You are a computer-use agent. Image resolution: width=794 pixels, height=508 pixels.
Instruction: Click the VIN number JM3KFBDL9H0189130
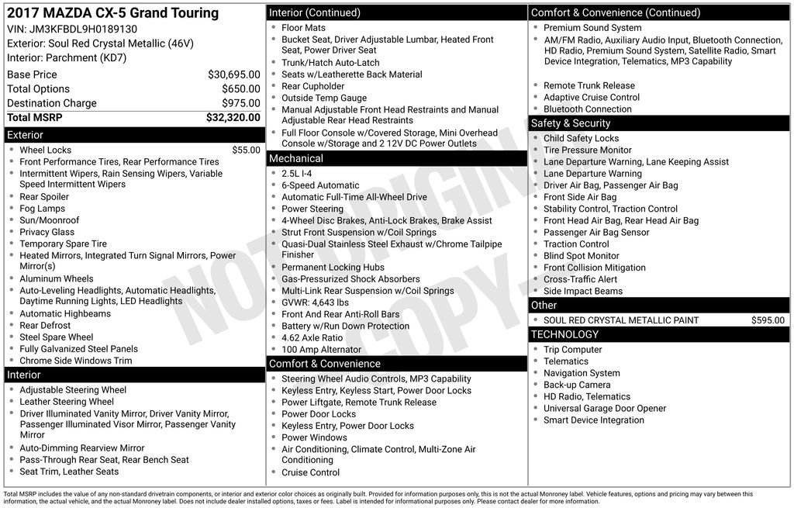pyautogui.click(x=94, y=29)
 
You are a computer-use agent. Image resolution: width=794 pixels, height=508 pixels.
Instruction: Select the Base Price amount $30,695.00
pyautogui.click(x=233, y=74)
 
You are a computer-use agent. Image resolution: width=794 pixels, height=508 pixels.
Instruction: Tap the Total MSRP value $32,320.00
pyautogui.click(x=233, y=118)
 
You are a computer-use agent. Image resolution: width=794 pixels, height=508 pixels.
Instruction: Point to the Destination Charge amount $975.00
pyautogui.click(x=241, y=103)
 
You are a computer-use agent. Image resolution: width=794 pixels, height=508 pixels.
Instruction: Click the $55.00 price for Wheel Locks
pyautogui.click(x=246, y=150)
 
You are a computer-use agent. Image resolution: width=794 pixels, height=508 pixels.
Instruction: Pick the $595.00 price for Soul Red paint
pyautogui.click(x=768, y=320)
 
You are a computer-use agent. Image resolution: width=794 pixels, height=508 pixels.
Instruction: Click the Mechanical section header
pyautogui.click(x=295, y=158)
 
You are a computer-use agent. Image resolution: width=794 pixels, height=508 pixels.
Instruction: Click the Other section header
pyautogui.click(x=544, y=306)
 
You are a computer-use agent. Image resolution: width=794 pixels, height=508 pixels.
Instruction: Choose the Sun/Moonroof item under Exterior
pyautogui.click(x=49, y=220)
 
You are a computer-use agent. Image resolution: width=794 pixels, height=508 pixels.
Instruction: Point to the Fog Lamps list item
pyautogui.click(x=42, y=209)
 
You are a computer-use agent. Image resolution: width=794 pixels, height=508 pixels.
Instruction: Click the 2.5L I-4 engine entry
pyautogui.click(x=296, y=174)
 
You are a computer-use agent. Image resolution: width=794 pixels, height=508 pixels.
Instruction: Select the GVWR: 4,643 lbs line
pyautogui.click(x=315, y=302)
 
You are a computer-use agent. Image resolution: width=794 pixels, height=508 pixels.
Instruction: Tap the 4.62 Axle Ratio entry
pyautogui.click(x=312, y=338)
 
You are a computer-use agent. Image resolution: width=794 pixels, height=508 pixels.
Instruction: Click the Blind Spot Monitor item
pyautogui.click(x=581, y=256)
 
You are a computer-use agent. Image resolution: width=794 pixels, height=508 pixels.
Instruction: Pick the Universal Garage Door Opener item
pyautogui.click(x=604, y=409)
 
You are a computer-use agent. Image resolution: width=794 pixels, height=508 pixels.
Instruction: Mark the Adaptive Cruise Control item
pyautogui.click(x=591, y=98)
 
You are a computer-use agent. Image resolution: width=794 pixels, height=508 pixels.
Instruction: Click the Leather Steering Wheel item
pyautogui.click(x=67, y=402)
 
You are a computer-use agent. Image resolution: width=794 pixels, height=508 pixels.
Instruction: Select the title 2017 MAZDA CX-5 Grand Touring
pyautogui.click(x=112, y=13)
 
